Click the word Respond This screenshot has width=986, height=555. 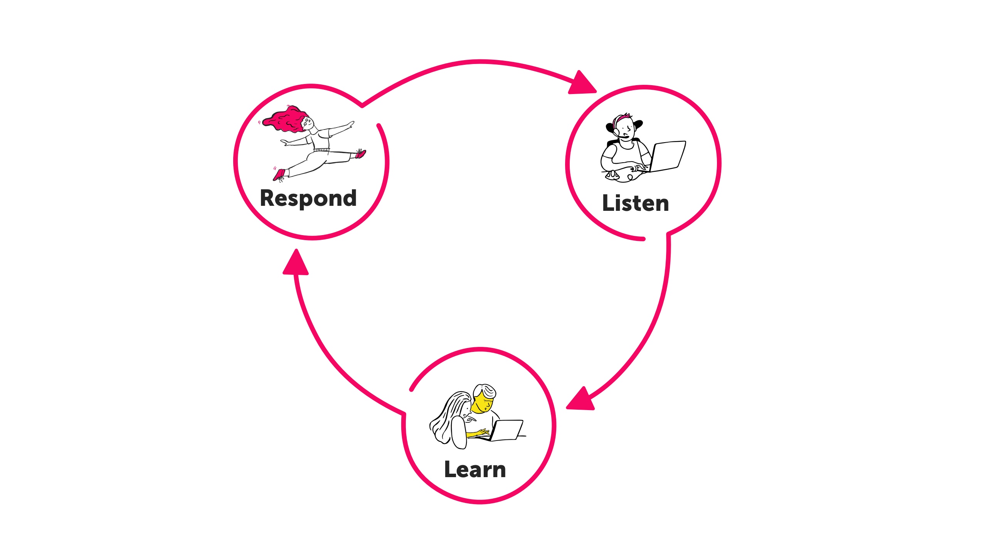[x=308, y=198]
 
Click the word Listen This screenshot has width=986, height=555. [x=635, y=203]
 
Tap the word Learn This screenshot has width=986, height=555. [x=474, y=469]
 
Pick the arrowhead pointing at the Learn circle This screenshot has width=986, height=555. [x=582, y=400]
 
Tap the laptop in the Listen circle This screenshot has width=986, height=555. [x=668, y=156]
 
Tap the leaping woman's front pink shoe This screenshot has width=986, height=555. [x=360, y=154]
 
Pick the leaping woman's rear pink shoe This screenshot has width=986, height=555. [x=279, y=175]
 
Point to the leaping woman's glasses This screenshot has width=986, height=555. [x=307, y=123]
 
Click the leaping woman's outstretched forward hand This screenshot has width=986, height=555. [x=350, y=124]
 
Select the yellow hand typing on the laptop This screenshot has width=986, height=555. [x=482, y=432]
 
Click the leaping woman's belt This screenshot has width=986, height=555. [x=321, y=150]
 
